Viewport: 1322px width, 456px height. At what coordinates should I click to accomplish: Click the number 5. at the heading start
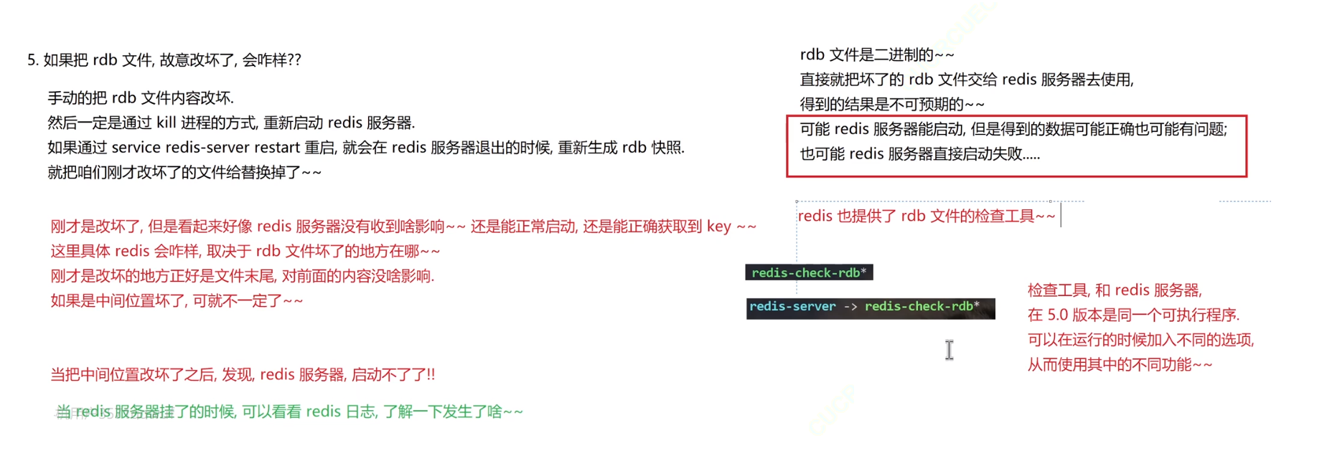click(32, 60)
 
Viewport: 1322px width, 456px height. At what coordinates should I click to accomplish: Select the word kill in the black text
click(166, 123)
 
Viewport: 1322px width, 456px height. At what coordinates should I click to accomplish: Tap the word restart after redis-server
click(275, 148)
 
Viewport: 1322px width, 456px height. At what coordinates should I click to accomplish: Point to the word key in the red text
click(718, 227)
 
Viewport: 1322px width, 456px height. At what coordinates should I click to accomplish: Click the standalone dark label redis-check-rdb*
click(809, 272)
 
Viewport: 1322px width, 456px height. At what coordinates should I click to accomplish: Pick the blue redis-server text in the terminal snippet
click(792, 307)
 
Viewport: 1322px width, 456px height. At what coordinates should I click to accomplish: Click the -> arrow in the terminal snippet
click(850, 307)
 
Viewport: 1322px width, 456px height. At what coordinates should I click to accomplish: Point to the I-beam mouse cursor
click(949, 350)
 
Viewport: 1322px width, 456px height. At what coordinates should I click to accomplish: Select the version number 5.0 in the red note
click(1057, 315)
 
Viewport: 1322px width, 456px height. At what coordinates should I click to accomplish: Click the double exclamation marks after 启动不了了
click(430, 375)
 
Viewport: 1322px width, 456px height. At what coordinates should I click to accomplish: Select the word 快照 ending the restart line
click(667, 148)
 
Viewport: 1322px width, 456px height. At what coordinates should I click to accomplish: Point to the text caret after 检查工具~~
click(1061, 215)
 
